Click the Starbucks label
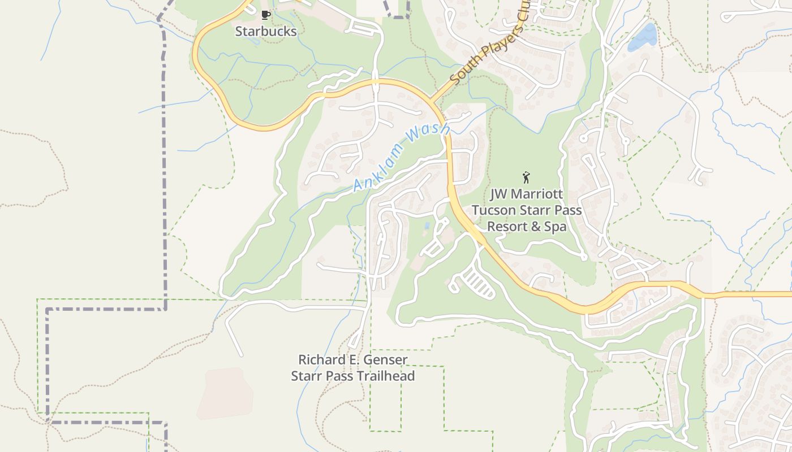pos(265,32)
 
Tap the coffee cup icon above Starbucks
pos(265,15)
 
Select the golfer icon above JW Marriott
pos(526,177)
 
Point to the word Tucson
pos(492,210)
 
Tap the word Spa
pos(556,227)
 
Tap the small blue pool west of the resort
pos(425,226)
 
